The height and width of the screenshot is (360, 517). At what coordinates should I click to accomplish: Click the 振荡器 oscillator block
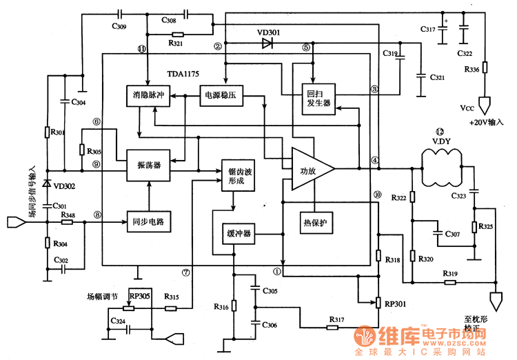click(x=149, y=166)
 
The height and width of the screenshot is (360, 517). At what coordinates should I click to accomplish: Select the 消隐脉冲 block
click(x=149, y=96)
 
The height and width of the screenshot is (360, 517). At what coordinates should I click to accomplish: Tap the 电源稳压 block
click(x=221, y=96)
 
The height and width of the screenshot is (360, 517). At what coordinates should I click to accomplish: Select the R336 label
click(x=472, y=70)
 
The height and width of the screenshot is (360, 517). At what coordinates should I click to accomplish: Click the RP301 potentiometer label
click(x=397, y=302)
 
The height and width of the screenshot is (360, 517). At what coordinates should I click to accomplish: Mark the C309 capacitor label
click(x=119, y=27)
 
